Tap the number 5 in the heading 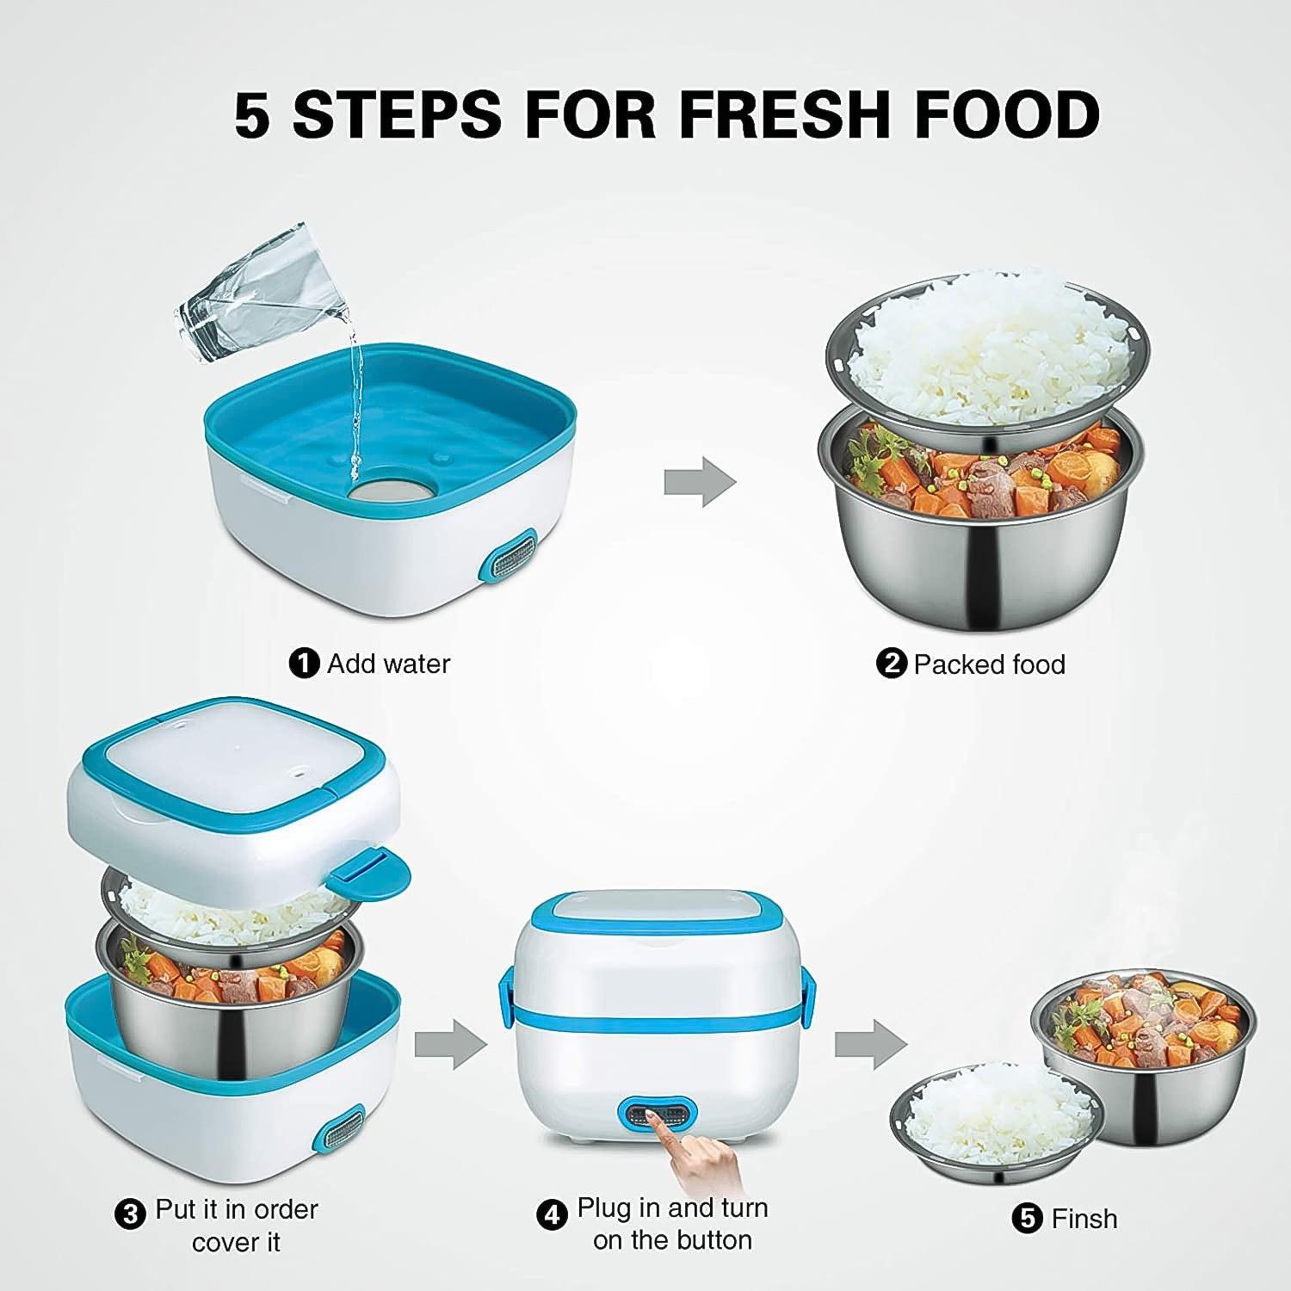click(x=252, y=114)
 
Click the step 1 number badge click(x=303, y=664)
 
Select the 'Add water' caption click(x=388, y=664)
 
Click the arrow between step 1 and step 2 click(x=699, y=481)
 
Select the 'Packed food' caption click(x=989, y=664)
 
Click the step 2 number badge click(x=891, y=664)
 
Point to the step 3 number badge click(x=130, y=1214)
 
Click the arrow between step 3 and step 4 click(x=449, y=1043)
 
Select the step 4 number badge click(x=552, y=1214)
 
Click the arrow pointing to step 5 click(x=869, y=1043)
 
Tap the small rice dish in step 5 click(x=994, y=1119)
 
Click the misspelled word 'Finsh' click(x=1084, y=1219)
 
